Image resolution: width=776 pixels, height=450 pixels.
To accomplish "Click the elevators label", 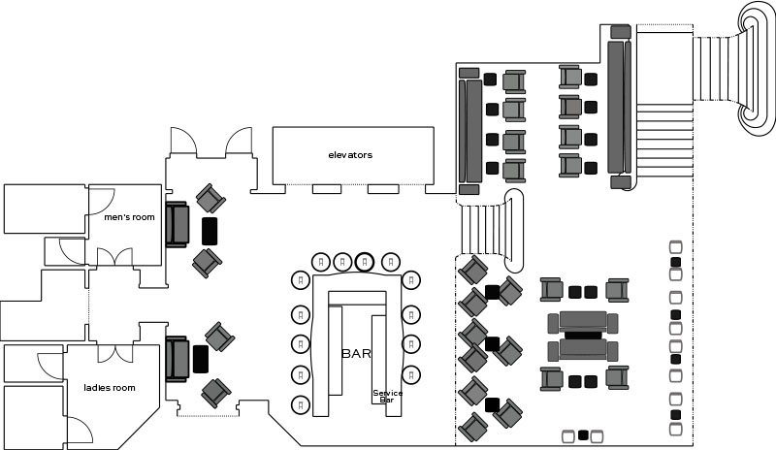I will point(350,155).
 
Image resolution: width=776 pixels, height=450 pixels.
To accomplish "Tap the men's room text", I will point(129,217).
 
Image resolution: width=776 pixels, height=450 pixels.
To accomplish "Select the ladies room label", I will point(109,388).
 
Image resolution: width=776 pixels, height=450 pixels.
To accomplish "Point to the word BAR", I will point(356,354).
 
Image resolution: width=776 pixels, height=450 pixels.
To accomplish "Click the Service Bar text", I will point(387,396).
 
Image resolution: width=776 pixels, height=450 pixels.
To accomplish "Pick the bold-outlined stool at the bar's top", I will point(364,261).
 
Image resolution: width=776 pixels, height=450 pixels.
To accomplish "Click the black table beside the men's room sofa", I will point(210,231).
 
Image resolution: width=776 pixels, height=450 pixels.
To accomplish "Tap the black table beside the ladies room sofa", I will point(201,359).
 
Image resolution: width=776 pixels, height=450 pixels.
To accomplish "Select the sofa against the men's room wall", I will point(177,225).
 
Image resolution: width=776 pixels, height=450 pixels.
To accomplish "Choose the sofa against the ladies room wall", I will point(176,359).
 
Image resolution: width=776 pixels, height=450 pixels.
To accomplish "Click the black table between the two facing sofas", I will point(583,335).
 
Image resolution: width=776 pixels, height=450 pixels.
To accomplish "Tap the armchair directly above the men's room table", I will point(210,198).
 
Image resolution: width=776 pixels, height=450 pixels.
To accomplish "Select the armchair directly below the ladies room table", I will point(214,393).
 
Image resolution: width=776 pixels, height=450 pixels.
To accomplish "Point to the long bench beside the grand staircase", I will point(617,107).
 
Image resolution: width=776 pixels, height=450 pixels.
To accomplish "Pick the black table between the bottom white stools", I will point(583,435).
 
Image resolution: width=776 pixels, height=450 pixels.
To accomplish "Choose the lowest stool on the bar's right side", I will point(411,402).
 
